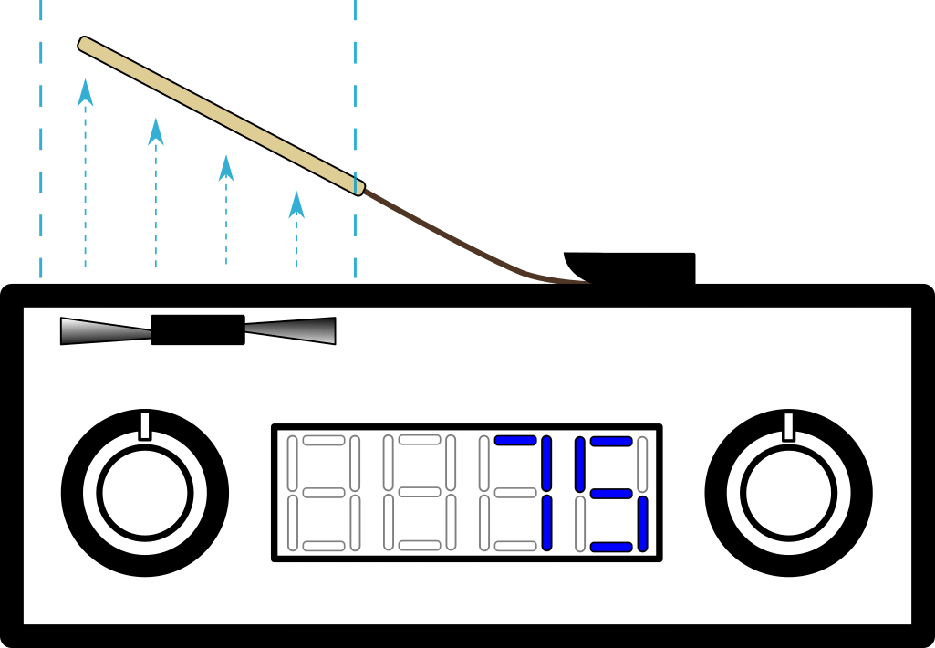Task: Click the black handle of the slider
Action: click(198, 330)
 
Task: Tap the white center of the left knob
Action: click(145, 493)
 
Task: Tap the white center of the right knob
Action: click(788, 493)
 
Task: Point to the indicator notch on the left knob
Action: click(145, 426)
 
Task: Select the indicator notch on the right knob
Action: click(788, 426)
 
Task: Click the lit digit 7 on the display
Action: click(524, 493)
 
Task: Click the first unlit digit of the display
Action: click(324, 493)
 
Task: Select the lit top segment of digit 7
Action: click(515, 440)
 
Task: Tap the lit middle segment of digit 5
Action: click(611, 494)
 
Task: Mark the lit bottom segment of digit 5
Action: click(611, 547)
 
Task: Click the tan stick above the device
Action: click(222, 116)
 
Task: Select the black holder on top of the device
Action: click(629, 268)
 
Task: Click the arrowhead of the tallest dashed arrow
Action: click(85, 92)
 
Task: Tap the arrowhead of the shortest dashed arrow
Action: click(296, 204)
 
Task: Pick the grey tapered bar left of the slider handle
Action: click(106, 330)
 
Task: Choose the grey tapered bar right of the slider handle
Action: click(290, 330)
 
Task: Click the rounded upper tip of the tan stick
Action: click(82, 43)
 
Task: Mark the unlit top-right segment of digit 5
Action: click(642, 465)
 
